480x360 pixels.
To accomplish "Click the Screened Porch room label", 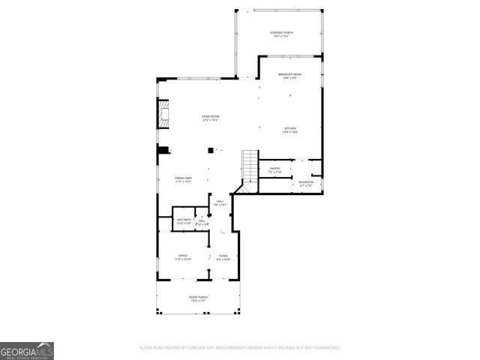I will point(281,33).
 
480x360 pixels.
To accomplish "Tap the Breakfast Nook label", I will point(289,74).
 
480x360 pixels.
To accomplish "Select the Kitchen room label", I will point(289,128).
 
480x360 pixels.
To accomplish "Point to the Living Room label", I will point(209,115).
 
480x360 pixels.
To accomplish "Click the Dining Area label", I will point(184,178).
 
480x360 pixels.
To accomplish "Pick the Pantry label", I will point(275,168).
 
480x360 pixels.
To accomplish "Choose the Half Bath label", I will point(184,220).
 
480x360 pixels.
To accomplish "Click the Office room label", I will point(182,256).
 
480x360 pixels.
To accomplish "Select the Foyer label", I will point(223,256).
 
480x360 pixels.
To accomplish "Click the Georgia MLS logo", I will point(27,351).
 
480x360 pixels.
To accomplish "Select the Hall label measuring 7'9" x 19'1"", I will point(220,201).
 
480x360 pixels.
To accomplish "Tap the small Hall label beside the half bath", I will point(202,220).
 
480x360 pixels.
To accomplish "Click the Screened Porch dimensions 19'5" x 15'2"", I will point(281,37).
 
